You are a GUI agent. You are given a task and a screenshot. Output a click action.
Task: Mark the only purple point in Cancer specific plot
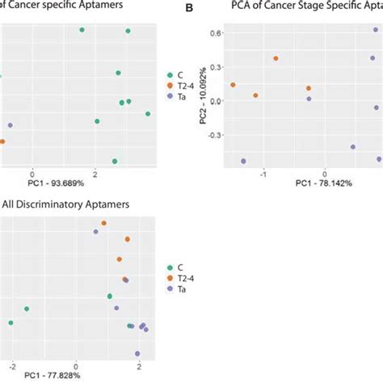click(x=11, y=125)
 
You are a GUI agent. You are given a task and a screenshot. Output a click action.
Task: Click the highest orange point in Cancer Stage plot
click(x=276, y=58)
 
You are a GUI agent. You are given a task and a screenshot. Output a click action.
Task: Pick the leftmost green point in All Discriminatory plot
click(x=11, y=323)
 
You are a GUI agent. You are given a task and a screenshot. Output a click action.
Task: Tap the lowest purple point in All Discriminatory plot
click(x=137, y=353)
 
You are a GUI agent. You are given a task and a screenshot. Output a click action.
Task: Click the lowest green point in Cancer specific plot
click(x=115, y=161)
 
